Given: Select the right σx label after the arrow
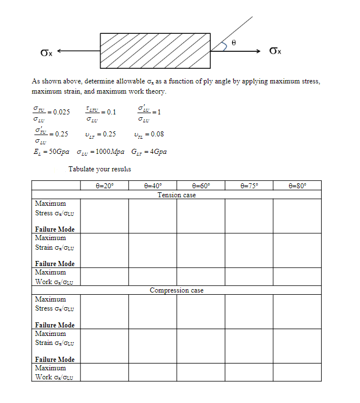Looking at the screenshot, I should click(x=275, y=51).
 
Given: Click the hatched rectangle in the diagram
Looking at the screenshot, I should click(x=155, y=50).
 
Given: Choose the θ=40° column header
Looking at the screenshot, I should click(x=153, y=185).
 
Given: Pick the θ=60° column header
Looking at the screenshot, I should click(x=201, y=185).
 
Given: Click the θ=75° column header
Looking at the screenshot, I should click(x=249, y=185).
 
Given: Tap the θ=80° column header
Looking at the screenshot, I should click(x=297, y=185).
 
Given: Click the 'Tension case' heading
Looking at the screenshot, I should click(x=177, y=194).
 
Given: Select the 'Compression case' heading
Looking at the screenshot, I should click(x=177, y=290).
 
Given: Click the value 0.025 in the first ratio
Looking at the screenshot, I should click(x=61, y=112).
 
